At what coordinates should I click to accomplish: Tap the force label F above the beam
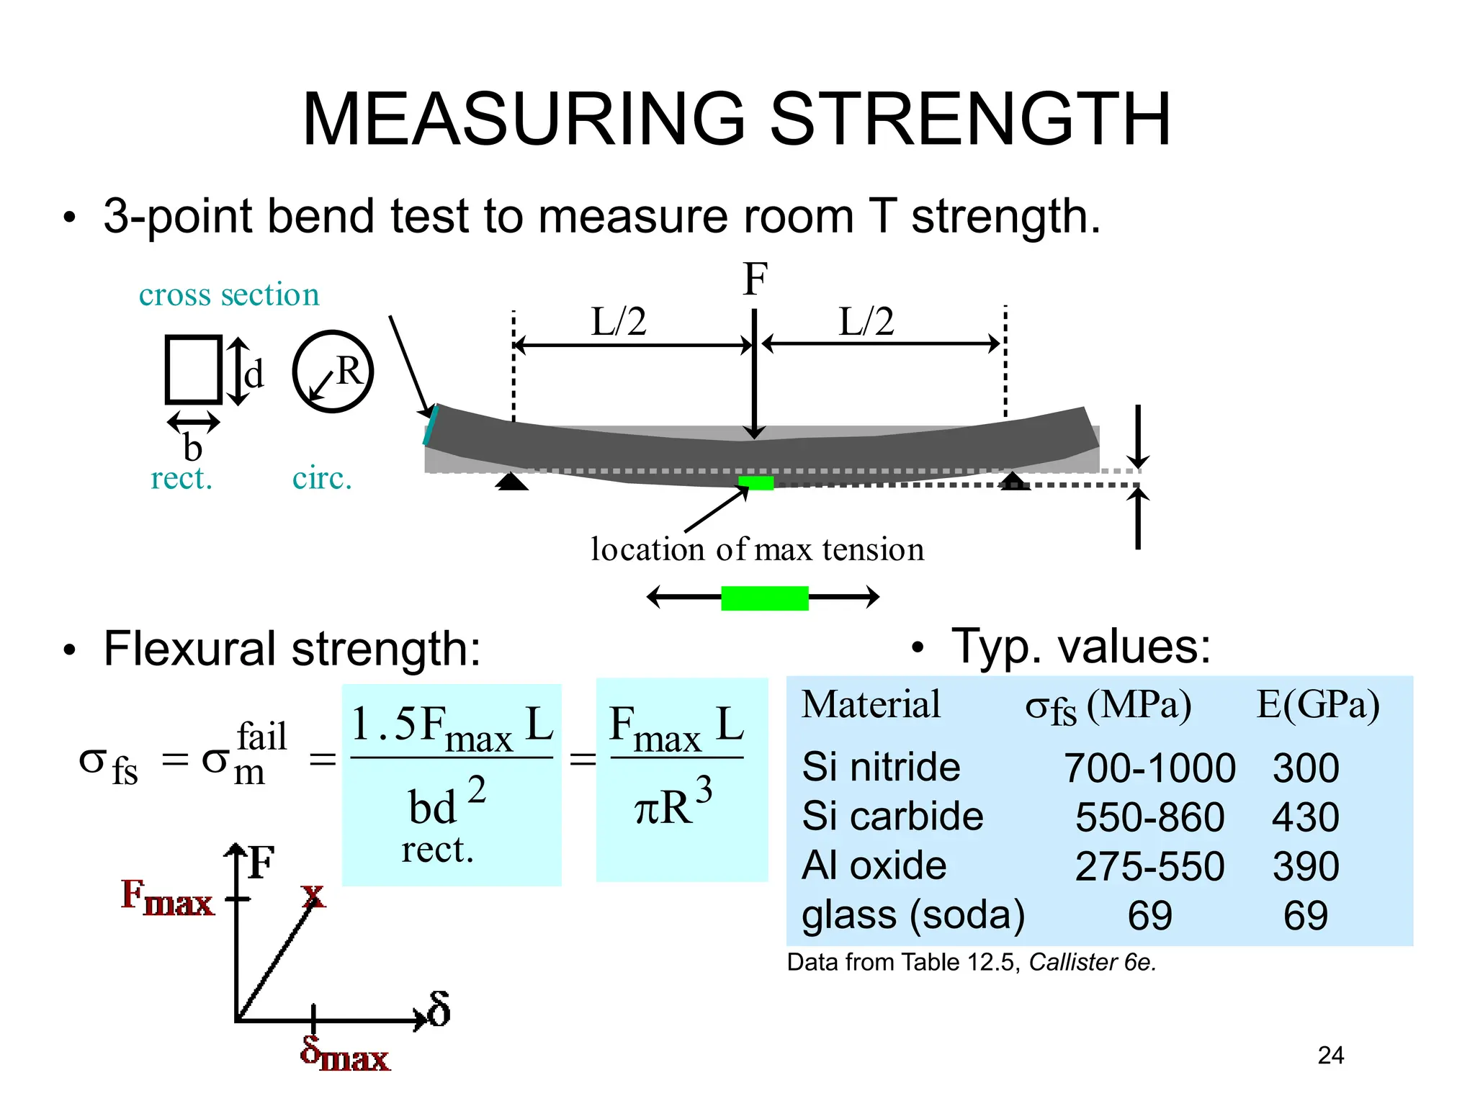tap(755, 279)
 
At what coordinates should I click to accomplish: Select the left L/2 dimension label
tap(619, 321)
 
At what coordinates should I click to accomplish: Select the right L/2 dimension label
tap(866, 321)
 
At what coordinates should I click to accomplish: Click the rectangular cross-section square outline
tap(193, 369)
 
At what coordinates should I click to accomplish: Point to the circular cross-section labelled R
tap(333, 372)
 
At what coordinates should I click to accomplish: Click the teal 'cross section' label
tap(229, 295)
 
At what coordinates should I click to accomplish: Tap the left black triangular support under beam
tap(512, 482)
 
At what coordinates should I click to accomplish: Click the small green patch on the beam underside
tap(756, 483)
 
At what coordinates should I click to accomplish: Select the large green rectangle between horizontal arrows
tap(765, 598)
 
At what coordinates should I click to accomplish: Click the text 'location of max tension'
tap(757, 549)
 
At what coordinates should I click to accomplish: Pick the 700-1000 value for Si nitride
tap(1149, 768)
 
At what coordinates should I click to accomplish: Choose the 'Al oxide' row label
tap(874, 866)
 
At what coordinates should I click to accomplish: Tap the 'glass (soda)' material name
tap(913, 915)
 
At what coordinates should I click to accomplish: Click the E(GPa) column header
tap(1318, 705)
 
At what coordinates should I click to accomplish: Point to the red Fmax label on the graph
tap(167, 898)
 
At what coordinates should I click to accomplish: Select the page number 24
tap(1330, 1056)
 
